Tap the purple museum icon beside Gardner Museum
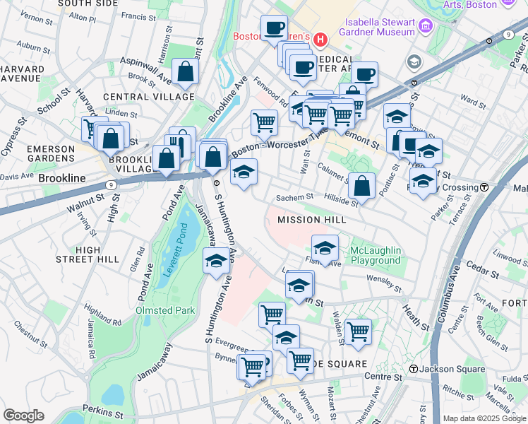424,26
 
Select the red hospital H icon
320,40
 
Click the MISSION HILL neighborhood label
311,220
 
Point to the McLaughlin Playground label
376,256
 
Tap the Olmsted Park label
164,310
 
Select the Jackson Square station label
452,369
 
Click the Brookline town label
62,179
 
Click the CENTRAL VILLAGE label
148,96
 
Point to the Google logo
24,416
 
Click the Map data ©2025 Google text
484,418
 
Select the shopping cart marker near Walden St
359,330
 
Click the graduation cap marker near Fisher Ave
325,248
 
